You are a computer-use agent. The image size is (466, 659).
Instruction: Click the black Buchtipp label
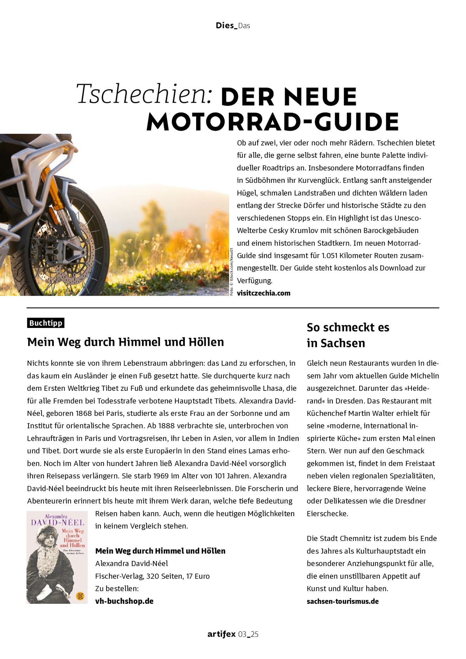[x=46, y=323]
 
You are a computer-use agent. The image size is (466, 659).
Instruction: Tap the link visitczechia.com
[x=264, y=293]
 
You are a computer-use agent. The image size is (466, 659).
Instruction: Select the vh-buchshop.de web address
[x=124, y=601]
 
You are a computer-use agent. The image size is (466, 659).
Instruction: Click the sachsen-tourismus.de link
[x=343, y=601]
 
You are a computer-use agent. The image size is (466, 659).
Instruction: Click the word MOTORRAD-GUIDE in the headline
[x=272, y=122]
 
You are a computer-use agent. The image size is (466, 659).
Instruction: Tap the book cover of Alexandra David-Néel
[x=57, y=557]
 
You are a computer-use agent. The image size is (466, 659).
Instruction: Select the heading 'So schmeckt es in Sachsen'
[x=348, y=335]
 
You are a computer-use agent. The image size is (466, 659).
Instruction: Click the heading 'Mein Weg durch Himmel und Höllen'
[x=125, y=342]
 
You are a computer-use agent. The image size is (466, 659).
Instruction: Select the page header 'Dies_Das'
[x=233, y=25]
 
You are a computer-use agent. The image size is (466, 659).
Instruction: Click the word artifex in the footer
[x=221, y=634]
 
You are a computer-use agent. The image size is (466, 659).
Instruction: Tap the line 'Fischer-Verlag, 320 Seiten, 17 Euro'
[x=152, y=576]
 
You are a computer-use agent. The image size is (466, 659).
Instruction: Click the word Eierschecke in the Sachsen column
[x=327, y=513]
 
